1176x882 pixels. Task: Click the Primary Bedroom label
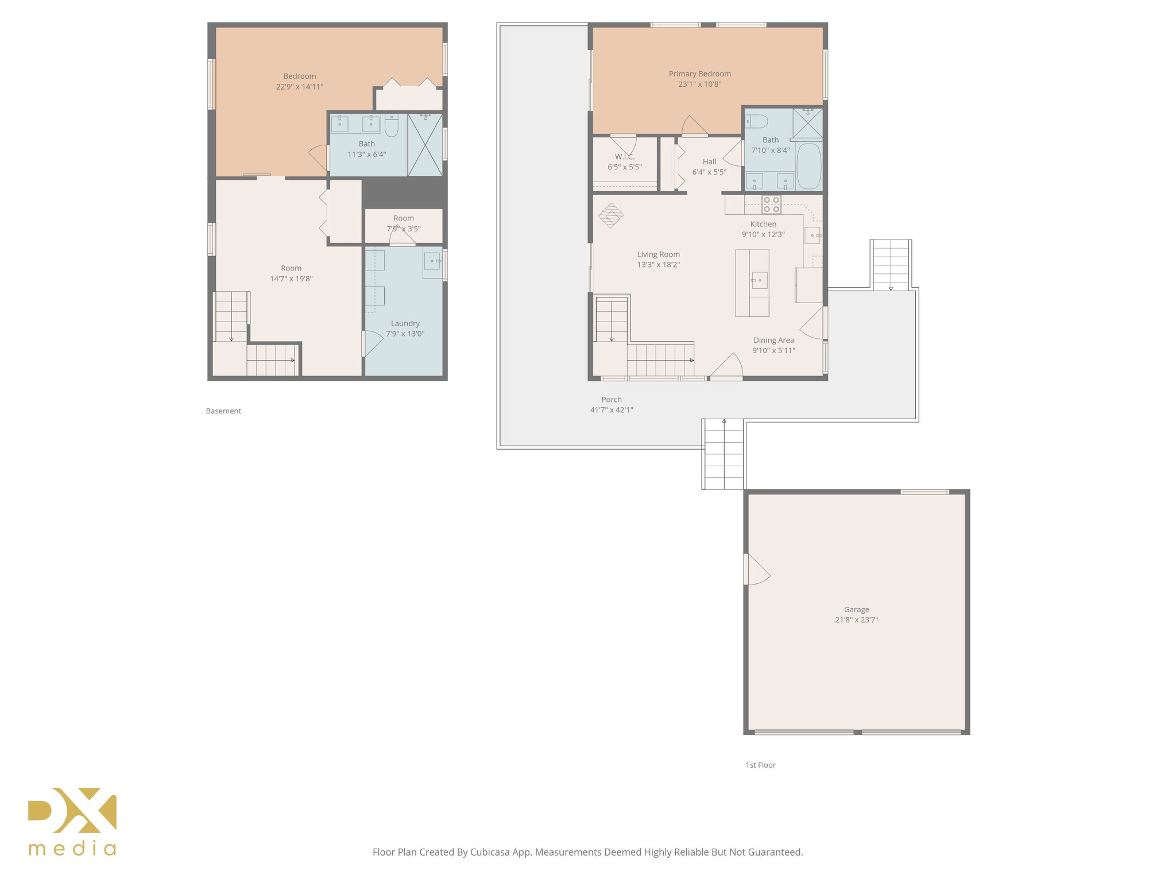pyautogui.click(x=699, y=73)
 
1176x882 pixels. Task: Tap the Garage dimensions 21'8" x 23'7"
pyautogui.click(x=856, y=620)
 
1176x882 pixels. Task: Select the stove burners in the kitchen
pyautogui.click(x=771, y=204)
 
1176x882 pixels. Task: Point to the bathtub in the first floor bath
pyautogui.click(x=809, y=166)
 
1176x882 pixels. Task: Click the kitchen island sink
pyautogui.click(x=759, y=280)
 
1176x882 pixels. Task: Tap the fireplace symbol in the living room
pyautogui.click(x=610, y=216)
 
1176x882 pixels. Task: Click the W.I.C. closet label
pyautogui.click(x=624, y=157)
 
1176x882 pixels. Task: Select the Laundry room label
pyautogui.click(x=405, y=323)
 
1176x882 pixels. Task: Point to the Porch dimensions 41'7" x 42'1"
pyautogui.click(x=611, y=410)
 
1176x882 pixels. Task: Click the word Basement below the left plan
pyautogui.click(x=223, y=411)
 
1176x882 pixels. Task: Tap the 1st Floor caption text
pyautogui.click(x=760, y=765)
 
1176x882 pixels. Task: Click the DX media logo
pyautogui.click(x=72, y=821)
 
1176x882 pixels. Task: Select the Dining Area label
pyautogui.click(x=773, y=340)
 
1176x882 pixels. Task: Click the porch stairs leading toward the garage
pyautogui.click(x=724, y=454)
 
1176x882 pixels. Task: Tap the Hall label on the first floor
pyautogui.click(x=709, y=162)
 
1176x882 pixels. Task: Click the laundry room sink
pyautogui.click(x=432, y=261)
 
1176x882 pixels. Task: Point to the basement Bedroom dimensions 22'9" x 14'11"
pyautogui.click(x=299, y=87)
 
